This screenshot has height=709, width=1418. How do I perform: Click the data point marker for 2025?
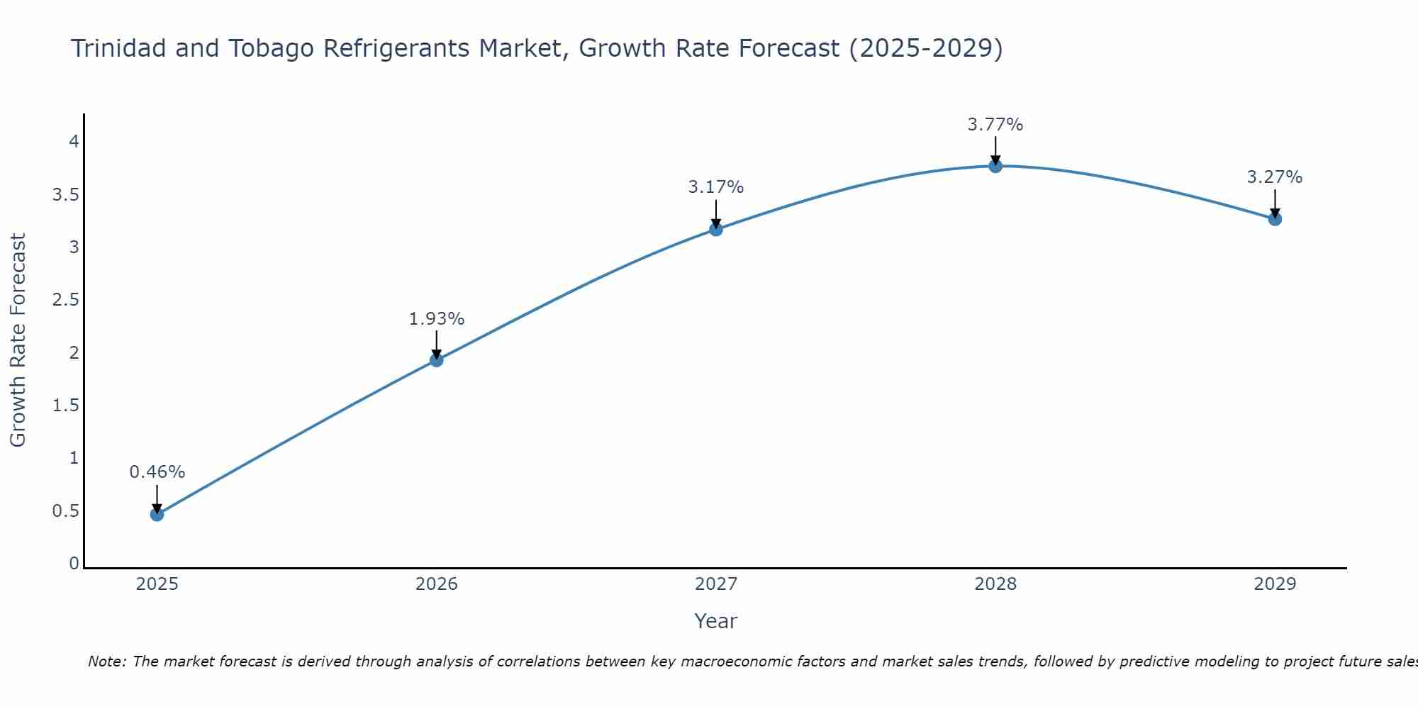point(157,514)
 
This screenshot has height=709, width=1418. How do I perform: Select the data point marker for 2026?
point(436,359)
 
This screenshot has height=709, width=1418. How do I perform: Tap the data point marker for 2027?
point(715,229)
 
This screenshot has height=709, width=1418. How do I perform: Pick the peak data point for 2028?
point(995,166)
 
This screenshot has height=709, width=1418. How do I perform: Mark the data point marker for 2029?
point(1274,218)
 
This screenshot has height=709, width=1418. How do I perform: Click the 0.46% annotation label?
point(157,472)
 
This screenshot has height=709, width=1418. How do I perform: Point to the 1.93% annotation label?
point(436,319)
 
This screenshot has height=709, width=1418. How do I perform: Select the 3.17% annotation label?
point(715,187)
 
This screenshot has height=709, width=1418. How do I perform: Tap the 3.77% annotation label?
point(995,125)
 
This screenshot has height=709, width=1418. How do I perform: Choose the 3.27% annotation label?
point(1274,177)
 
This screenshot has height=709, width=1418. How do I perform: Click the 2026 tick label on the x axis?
point(436,584)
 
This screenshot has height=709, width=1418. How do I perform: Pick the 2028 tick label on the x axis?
point(995,584)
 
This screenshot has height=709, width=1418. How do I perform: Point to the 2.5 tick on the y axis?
point(65,300)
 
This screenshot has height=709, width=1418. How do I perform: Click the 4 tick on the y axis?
point(73,142)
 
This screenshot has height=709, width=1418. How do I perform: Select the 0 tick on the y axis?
point(73,564)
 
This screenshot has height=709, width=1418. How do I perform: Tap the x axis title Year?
point(715,621)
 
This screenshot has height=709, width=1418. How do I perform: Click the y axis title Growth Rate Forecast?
point(18,340)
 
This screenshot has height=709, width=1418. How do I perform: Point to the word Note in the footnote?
point(106,661)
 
